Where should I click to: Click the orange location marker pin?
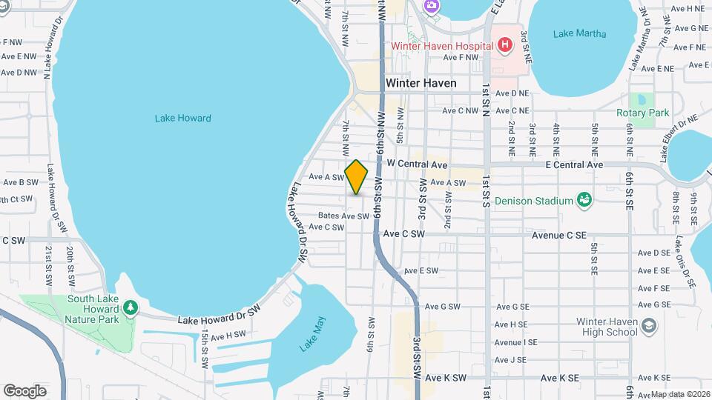point(357,177)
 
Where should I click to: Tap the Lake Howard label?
point(183,118)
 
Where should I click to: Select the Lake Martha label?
point(580,33)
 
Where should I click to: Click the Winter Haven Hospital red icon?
point(505,46)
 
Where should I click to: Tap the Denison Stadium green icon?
point(584,200)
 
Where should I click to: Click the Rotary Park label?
point(642,113)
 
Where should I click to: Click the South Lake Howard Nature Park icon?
point(131,307)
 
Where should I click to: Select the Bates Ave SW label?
point(343,216)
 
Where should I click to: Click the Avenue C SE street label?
point(559,235)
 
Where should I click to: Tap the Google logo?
point(24,390)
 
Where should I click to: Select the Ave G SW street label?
point(441,306)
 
